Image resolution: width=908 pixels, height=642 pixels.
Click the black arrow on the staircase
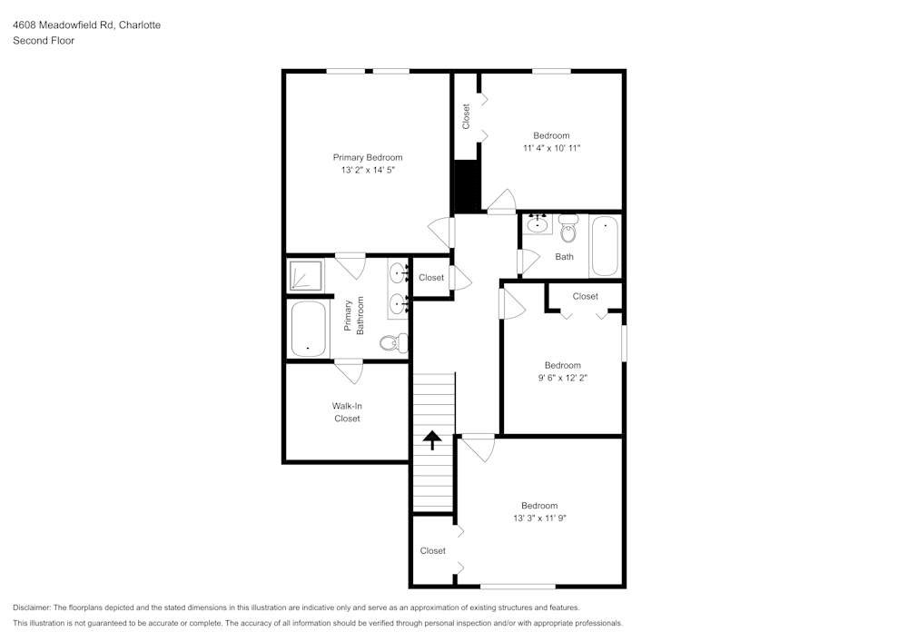[433, 440]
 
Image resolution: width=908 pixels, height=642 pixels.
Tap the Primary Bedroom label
[367, 157]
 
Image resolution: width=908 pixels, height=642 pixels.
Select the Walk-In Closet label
[347, 412]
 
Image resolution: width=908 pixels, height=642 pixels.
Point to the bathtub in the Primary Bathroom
[308, 329]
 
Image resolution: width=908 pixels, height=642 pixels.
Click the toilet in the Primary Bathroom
[393, 343]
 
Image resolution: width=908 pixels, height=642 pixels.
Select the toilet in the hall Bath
[568, 230]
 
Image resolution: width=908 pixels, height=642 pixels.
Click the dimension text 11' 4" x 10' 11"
[551, 147]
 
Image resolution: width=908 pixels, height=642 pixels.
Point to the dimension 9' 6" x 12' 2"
[562, 378]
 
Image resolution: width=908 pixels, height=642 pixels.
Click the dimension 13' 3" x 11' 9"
[538, 518]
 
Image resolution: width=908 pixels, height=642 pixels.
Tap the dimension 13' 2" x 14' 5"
[367, 169]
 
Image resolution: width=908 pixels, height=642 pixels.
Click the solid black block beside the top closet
[466, 185]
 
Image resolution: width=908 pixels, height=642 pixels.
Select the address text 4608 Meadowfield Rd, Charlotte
[86, 25]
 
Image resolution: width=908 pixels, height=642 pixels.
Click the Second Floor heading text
[44, 41]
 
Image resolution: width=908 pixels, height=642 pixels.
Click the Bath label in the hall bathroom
[564, 257]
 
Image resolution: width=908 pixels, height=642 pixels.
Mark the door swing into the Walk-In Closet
[349, 370]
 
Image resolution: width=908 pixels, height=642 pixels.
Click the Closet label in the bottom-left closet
[433, 551]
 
